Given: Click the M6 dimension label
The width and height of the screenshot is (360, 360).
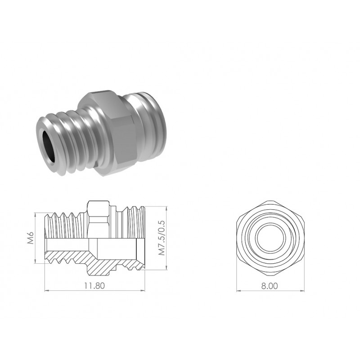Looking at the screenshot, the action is pyautogui.click(x=31, y=238).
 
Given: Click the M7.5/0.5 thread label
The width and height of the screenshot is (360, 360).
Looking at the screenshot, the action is pyautogui.click(x=162, y=238).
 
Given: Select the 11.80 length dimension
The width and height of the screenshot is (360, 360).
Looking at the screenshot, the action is pyautogui.click(x=94, y=286).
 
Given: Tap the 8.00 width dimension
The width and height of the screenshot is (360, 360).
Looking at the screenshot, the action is pyautogui.click(x=270, y=286).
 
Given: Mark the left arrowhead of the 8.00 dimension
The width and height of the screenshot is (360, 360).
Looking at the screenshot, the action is pyautogui.click(x=239, y=291).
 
